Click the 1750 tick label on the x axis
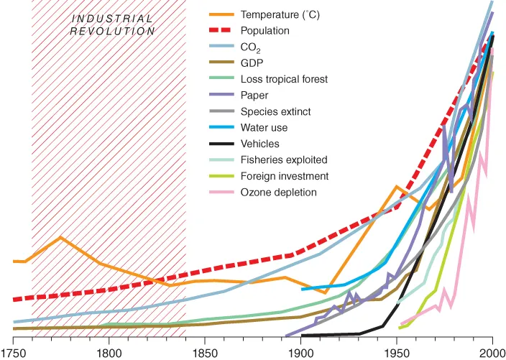pyautogui.click(x=12, y=352)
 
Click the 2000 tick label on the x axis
pyautogui.click(x=492, y=352)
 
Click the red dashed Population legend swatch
pyautogui.click(x=223, y=31)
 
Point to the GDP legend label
pyautogui.click(x=254, y=63)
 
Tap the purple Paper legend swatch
pyautogui.click(x=223, y=96)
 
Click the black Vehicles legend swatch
pyautogui.click(x=223, y=144)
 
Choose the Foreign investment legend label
pyautogui.click(x=285, y=176)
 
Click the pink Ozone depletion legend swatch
pyautogui.click(x=223, y=192)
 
